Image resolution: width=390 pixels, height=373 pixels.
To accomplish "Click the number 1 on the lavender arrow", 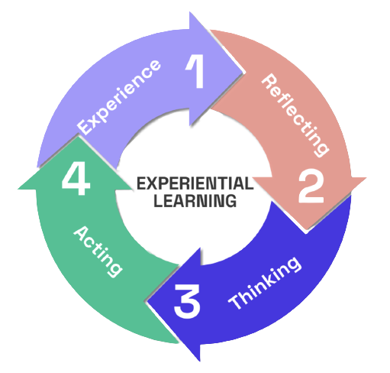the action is click(196, 72).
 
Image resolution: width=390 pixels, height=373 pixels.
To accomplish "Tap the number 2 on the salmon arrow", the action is click(311, 186).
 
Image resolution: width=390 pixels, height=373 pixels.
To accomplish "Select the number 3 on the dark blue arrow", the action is click(187, 301).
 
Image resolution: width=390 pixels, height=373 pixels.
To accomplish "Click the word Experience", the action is click(119, 97).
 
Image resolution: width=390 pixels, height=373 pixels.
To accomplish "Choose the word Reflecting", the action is click(295, 115).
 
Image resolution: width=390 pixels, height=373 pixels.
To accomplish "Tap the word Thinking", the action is click(265, 283).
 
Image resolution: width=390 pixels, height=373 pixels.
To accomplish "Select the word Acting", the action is click(98, 251).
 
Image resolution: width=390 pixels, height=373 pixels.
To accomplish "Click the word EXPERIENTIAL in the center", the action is click(195, 183).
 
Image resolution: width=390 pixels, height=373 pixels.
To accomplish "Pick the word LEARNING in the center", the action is click(195, 200).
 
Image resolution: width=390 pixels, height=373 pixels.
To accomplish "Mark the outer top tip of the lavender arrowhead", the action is click(190, 12).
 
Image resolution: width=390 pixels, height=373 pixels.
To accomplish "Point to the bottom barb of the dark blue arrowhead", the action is click(200, 362).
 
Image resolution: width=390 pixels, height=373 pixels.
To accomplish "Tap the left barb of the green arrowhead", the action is click(18, 189).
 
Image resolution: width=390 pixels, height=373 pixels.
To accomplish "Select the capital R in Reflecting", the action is click(269, 82).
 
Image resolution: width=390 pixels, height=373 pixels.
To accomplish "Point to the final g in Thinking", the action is click(294, 264).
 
